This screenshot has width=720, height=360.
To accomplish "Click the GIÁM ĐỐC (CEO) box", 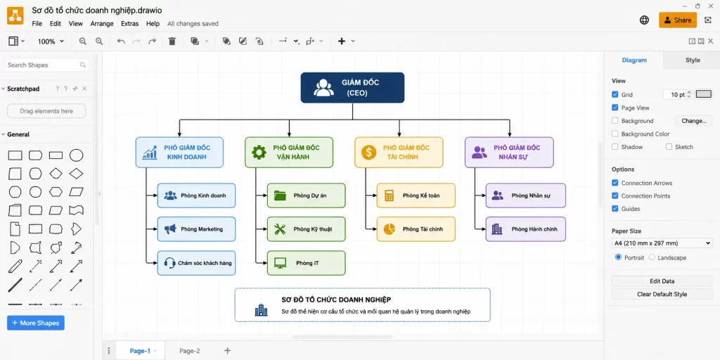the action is [352, 87].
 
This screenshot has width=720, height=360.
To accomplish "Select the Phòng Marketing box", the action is [197, 229].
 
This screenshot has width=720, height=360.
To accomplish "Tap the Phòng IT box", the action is [307, 263].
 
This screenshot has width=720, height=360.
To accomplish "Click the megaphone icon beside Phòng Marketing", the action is [170, 229].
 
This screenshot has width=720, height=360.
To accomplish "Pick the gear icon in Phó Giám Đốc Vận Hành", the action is [259, 152].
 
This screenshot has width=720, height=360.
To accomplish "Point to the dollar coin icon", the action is [368, 152].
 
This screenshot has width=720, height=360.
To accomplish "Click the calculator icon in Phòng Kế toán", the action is [390, 195].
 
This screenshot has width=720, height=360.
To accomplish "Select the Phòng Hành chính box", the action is [526, 229].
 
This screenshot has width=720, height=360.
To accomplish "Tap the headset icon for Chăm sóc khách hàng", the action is [170, 263].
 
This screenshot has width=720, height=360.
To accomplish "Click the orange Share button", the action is [677, 20].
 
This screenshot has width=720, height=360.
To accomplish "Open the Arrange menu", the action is [102, 23].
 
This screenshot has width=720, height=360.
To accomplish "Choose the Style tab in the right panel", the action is [693, 60].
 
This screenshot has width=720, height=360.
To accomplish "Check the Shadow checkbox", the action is [615, 147].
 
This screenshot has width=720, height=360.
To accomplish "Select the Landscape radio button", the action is [652, 257].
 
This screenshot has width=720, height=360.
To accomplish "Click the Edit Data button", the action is [662, 281].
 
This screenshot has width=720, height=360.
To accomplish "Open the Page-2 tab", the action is [190, 351].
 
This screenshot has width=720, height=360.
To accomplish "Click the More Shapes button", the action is [36, 323].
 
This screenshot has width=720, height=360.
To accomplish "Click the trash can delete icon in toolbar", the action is [172, 41].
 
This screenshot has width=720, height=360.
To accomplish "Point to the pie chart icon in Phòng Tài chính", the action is [390, 229].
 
